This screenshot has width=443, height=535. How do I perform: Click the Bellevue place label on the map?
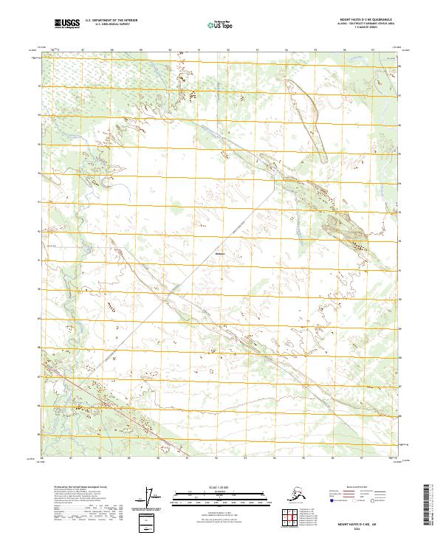click(219, 255)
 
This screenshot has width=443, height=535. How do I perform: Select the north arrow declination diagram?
click(151, 496)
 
